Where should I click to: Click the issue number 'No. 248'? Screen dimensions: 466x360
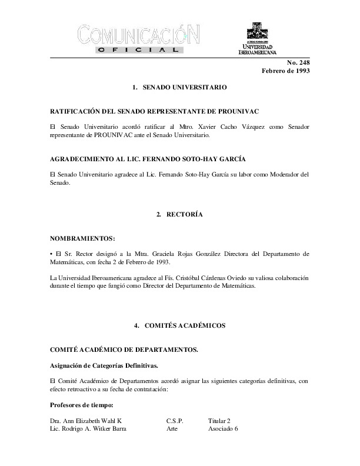[x=298, y=62]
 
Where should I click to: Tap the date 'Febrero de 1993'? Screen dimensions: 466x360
[x=286, y=71]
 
